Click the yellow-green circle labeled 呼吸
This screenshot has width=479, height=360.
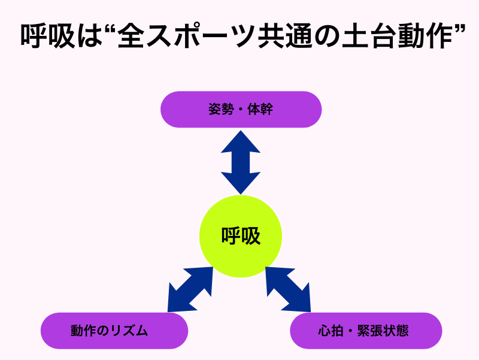240,236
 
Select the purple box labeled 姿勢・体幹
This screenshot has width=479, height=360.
241,110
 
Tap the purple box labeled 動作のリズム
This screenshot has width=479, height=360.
114,331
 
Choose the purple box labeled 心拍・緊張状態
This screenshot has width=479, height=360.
366,331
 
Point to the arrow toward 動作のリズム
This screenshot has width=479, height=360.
190,289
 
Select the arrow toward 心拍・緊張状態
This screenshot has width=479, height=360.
288,289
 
